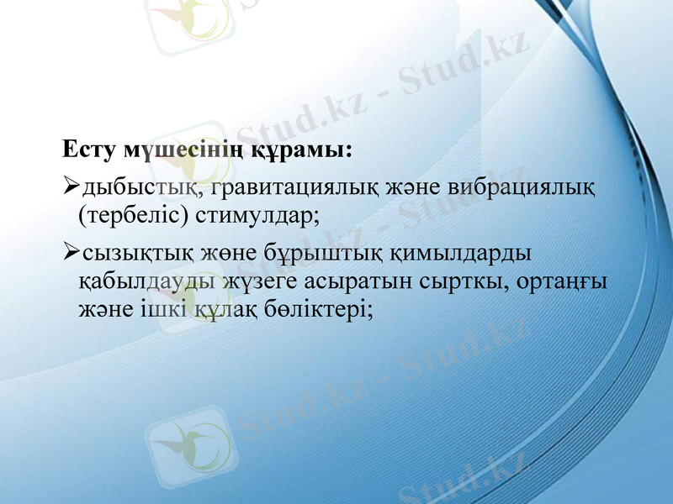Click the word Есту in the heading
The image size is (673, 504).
(89, 151)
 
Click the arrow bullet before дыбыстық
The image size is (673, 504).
(71, 184)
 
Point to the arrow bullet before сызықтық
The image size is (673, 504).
(71, 251)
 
